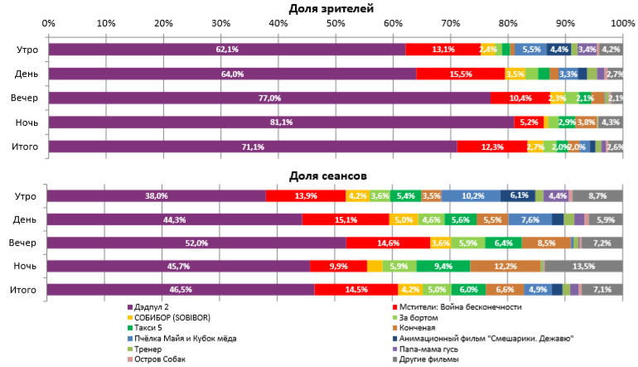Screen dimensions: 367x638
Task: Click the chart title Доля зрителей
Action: (331, 8)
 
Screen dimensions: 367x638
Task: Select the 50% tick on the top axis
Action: (336, 22)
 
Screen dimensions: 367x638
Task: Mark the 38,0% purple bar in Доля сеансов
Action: (157, 196)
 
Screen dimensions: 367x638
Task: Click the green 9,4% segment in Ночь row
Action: (443, 266)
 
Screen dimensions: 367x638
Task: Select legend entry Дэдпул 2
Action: (153, 307)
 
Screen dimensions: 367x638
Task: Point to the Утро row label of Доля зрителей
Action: (27, 50)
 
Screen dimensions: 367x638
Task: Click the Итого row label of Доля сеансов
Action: (27, 290)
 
